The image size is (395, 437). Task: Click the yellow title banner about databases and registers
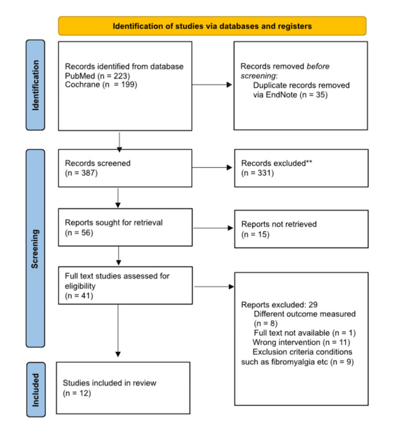coord(212,25)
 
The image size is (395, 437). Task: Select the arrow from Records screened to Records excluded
coord(213,168)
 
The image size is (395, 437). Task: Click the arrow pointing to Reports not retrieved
coord(213,228)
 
